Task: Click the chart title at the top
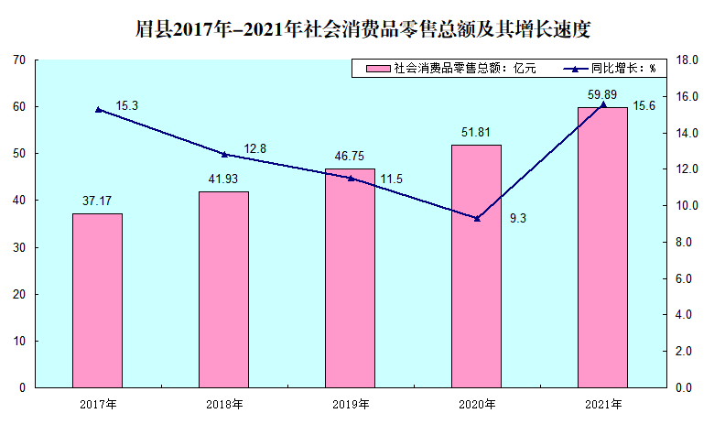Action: click(362, 28)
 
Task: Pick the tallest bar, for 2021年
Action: click(602, 247)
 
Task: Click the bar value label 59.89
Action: click(602, 95)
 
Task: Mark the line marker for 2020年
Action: click(476, 218)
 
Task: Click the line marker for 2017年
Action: click(97, 109)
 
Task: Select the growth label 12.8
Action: click(255, 148)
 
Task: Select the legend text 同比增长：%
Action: click(623, 69)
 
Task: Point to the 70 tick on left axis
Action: click(18, 60)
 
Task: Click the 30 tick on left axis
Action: click(18, 247)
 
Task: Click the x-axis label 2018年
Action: click(223, 404)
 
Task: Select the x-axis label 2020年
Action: click(476, 404)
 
